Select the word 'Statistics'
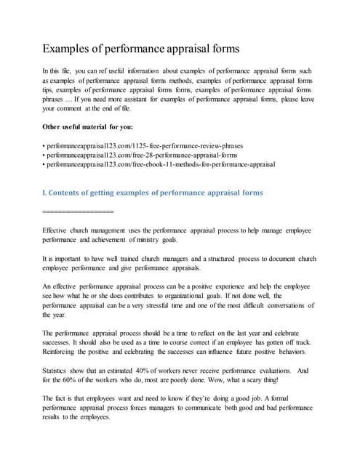coord(60,371)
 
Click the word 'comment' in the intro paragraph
coord(78,108)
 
